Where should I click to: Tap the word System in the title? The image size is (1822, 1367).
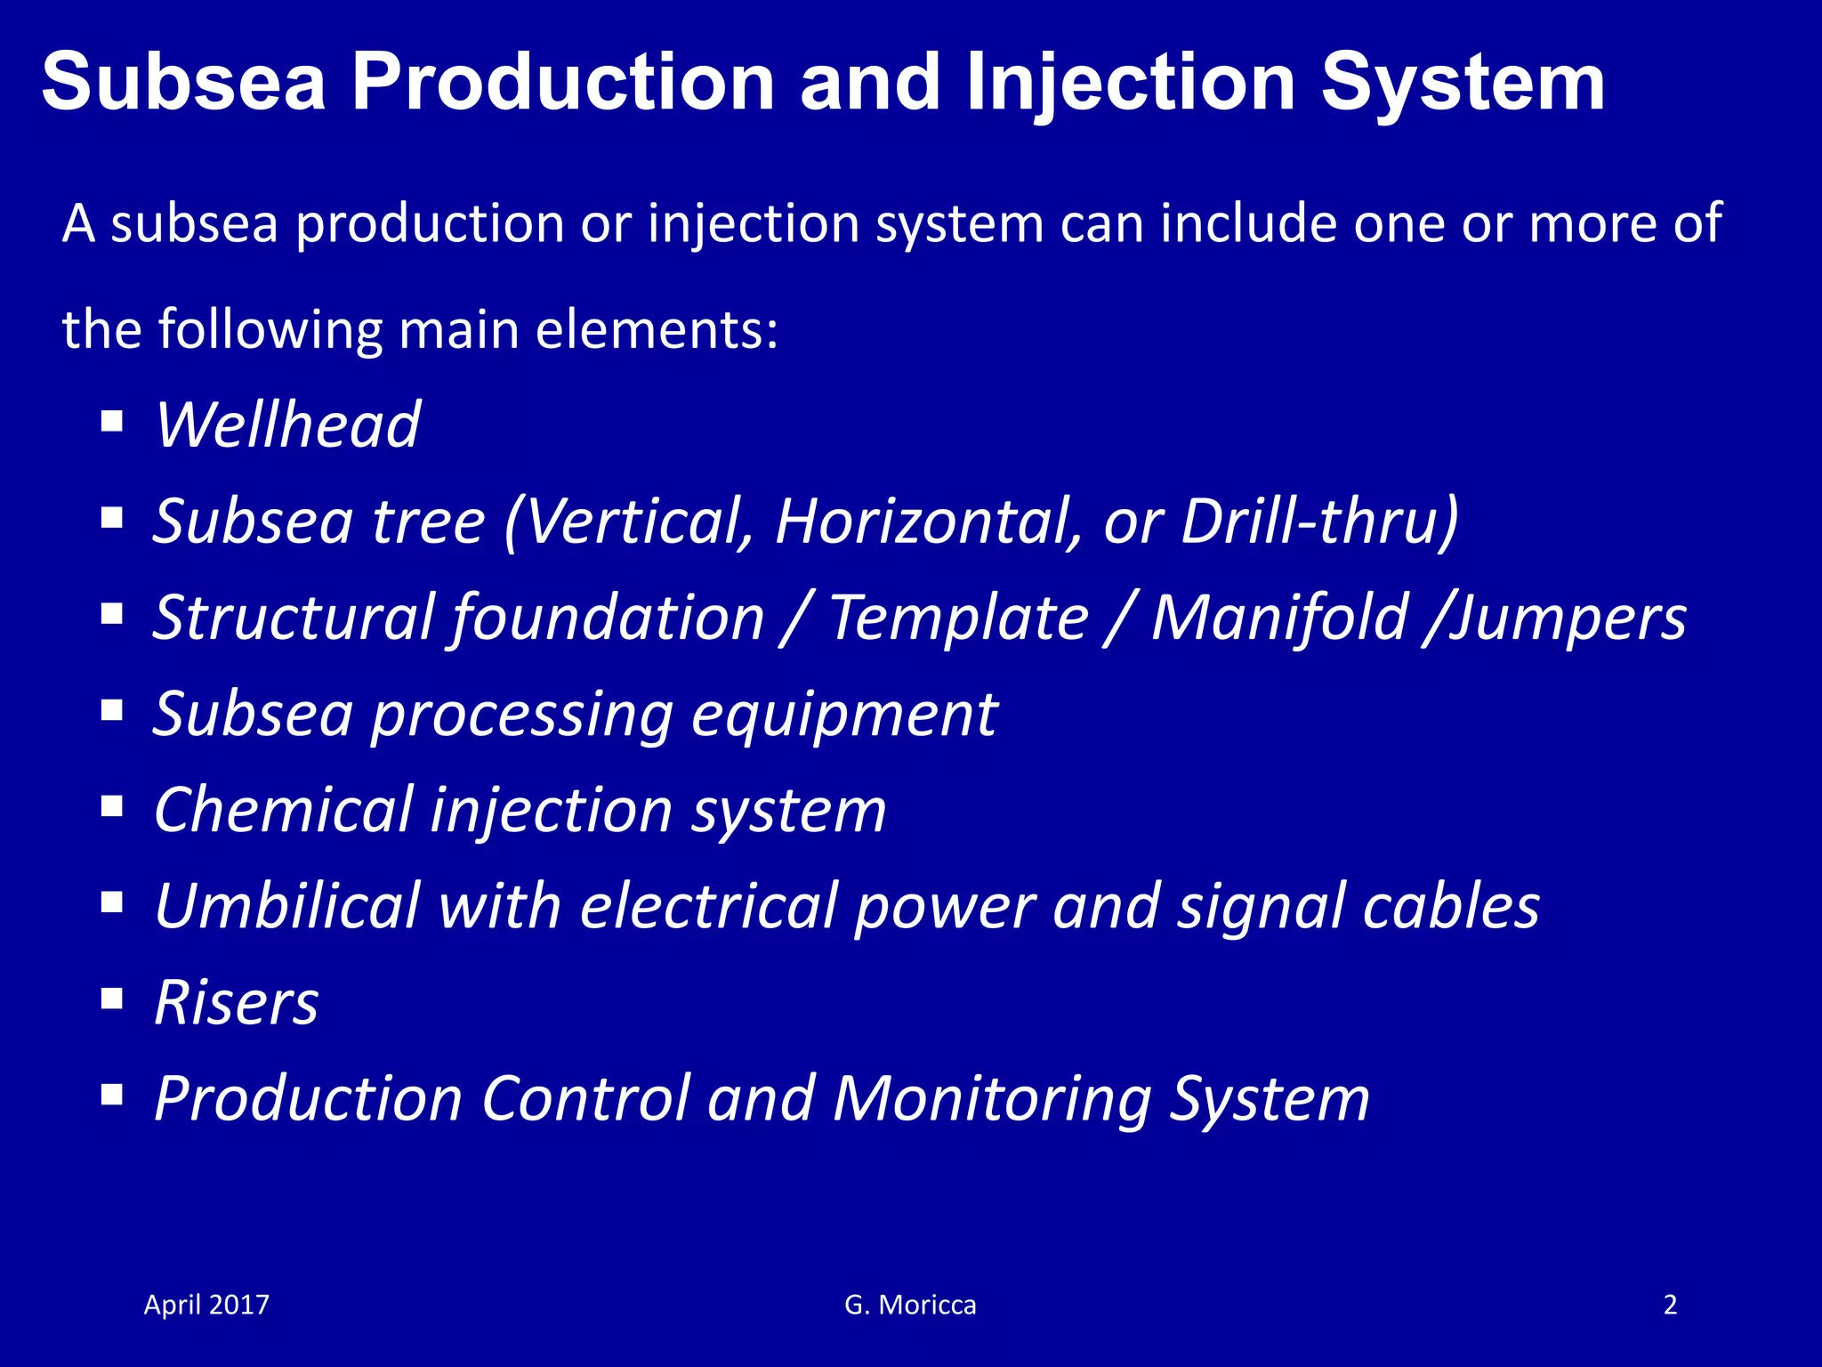click(x=1463, y=82)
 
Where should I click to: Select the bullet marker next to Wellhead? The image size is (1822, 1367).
click(x=111, y=420)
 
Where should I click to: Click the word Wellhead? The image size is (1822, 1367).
click(x=286, y=425)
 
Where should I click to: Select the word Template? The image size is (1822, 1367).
click(x=958, y=618)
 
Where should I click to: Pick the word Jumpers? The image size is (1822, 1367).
click(x=1567, y=618)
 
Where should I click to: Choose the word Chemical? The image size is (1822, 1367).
click(x=283, y=810)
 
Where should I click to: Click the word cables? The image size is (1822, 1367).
click(x=1450, y=906)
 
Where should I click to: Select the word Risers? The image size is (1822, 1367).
click(x=236, y=1003)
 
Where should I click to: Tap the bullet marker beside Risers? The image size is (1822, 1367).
click(x=111, y=999)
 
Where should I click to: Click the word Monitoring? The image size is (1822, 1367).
click(x=992, y=1099)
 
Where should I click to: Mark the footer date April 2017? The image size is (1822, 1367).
click(x=206, y=1305)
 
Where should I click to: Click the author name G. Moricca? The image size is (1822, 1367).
click(x=910, y=1305)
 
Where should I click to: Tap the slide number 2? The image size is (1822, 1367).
click(x=1670, y=1305)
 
